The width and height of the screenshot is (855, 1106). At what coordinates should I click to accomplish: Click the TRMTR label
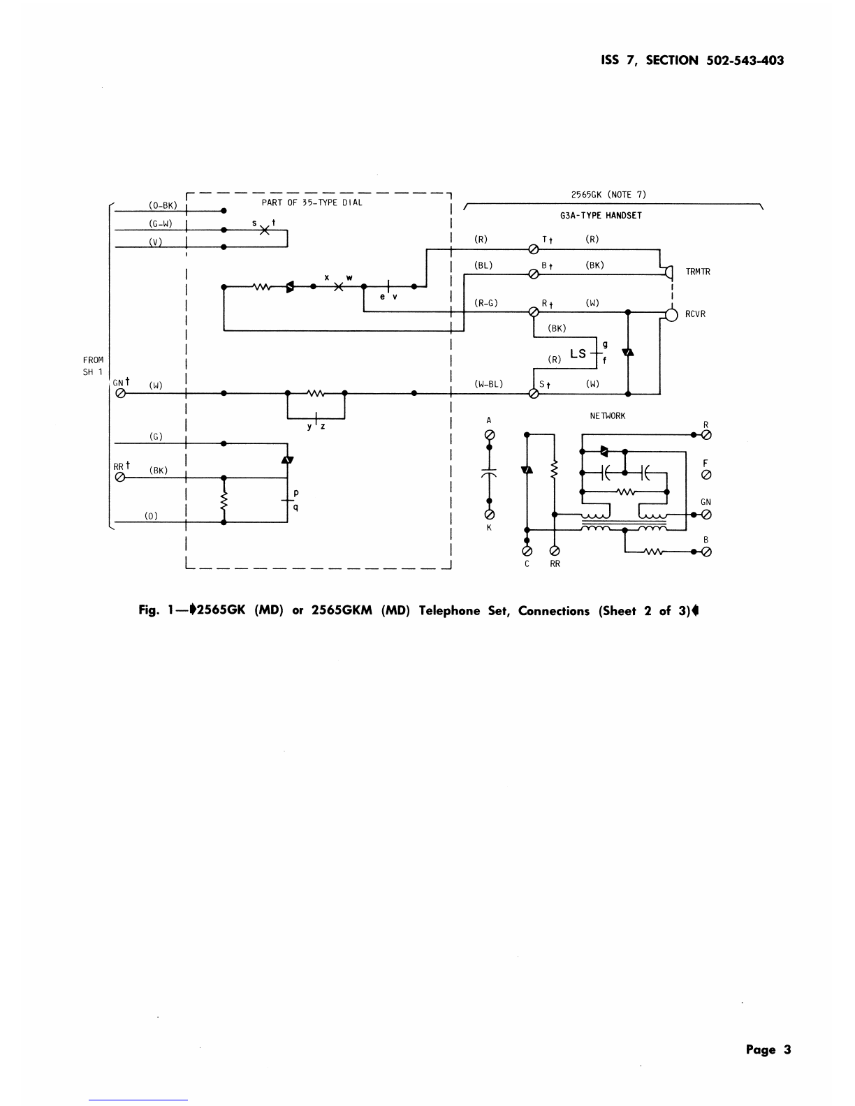[698, 272]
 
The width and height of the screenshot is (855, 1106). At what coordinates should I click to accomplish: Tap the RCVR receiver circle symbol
[672, 315]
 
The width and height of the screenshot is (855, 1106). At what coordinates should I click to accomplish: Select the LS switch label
[578, 354]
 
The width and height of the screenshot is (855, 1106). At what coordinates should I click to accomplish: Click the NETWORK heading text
[608, 416]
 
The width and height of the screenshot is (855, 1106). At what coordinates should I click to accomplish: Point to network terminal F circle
[706, 475]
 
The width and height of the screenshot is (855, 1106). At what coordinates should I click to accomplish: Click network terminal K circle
[490, 515]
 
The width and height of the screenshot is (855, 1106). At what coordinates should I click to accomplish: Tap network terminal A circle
[490, 435]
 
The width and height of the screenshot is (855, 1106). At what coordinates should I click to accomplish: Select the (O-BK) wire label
[163, 205]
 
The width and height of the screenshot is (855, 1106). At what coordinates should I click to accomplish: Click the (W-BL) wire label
[488, 384]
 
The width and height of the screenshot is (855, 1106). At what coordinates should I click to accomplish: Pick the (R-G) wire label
[485, 303]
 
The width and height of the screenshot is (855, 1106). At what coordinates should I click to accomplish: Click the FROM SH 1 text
[93, 366]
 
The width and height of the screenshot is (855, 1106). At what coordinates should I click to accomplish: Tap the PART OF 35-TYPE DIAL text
[312, 202]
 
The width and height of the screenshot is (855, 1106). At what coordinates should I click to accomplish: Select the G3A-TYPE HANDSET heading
[601, 216]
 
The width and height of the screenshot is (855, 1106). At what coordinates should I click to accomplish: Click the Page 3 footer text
[768, 1049]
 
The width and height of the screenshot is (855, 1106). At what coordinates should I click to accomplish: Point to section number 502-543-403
[745, 61]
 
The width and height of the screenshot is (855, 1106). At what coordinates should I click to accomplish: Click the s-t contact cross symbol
[265, 230]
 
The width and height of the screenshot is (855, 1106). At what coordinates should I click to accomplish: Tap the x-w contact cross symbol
[339, 287]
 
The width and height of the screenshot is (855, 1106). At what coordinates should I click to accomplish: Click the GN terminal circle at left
[121, 393]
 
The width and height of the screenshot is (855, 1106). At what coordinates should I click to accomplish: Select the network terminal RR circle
[555, 551]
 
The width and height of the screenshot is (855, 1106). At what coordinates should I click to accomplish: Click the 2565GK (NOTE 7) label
[608, 195]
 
